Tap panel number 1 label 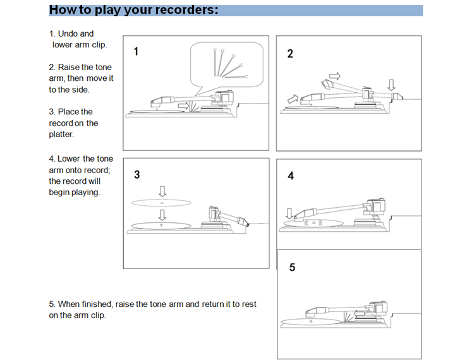pos(137,52)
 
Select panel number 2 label pos(290,54)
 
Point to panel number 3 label pos(137,175)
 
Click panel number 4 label pos(291,176)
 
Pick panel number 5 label pos(292,267)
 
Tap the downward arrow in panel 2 pos(391,85)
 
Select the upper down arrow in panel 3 pos(162,190)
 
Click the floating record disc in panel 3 pos(161,202)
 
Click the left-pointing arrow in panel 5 pos(360,313)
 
